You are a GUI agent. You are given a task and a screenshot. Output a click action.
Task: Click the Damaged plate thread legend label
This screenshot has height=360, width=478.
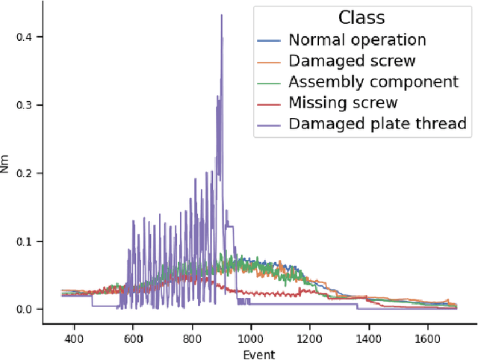pos(377,124)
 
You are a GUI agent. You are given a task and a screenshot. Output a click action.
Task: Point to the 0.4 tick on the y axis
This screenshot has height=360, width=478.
pos(24,37)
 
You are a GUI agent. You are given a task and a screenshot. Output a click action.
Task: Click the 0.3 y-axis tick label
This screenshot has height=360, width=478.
pos(24,105)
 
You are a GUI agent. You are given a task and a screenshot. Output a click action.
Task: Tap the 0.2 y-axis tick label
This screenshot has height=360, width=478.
pos(24,173)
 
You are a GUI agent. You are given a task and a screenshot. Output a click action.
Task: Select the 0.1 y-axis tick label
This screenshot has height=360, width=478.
pos(24,241)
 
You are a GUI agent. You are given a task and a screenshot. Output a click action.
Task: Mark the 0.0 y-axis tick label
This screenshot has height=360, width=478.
pos(24,309)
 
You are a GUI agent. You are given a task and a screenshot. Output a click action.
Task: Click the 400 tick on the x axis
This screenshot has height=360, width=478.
pos(73,339)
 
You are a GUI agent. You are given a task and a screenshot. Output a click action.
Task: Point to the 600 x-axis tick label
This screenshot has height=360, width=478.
pos(133,339)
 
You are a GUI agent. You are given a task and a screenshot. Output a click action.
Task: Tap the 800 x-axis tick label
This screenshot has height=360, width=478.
pos(192,339)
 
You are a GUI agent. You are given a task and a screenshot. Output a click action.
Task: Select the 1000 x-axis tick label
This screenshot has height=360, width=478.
pos(251,339)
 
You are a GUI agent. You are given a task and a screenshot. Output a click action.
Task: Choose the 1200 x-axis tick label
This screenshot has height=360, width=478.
pos(310,339)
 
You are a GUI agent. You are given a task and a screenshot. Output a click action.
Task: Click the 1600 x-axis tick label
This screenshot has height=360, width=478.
pos(428,339)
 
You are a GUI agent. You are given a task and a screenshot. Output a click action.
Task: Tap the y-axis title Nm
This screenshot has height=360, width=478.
pos(7,168)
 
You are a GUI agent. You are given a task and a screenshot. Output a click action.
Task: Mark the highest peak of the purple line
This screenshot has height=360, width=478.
pos(221,15)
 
